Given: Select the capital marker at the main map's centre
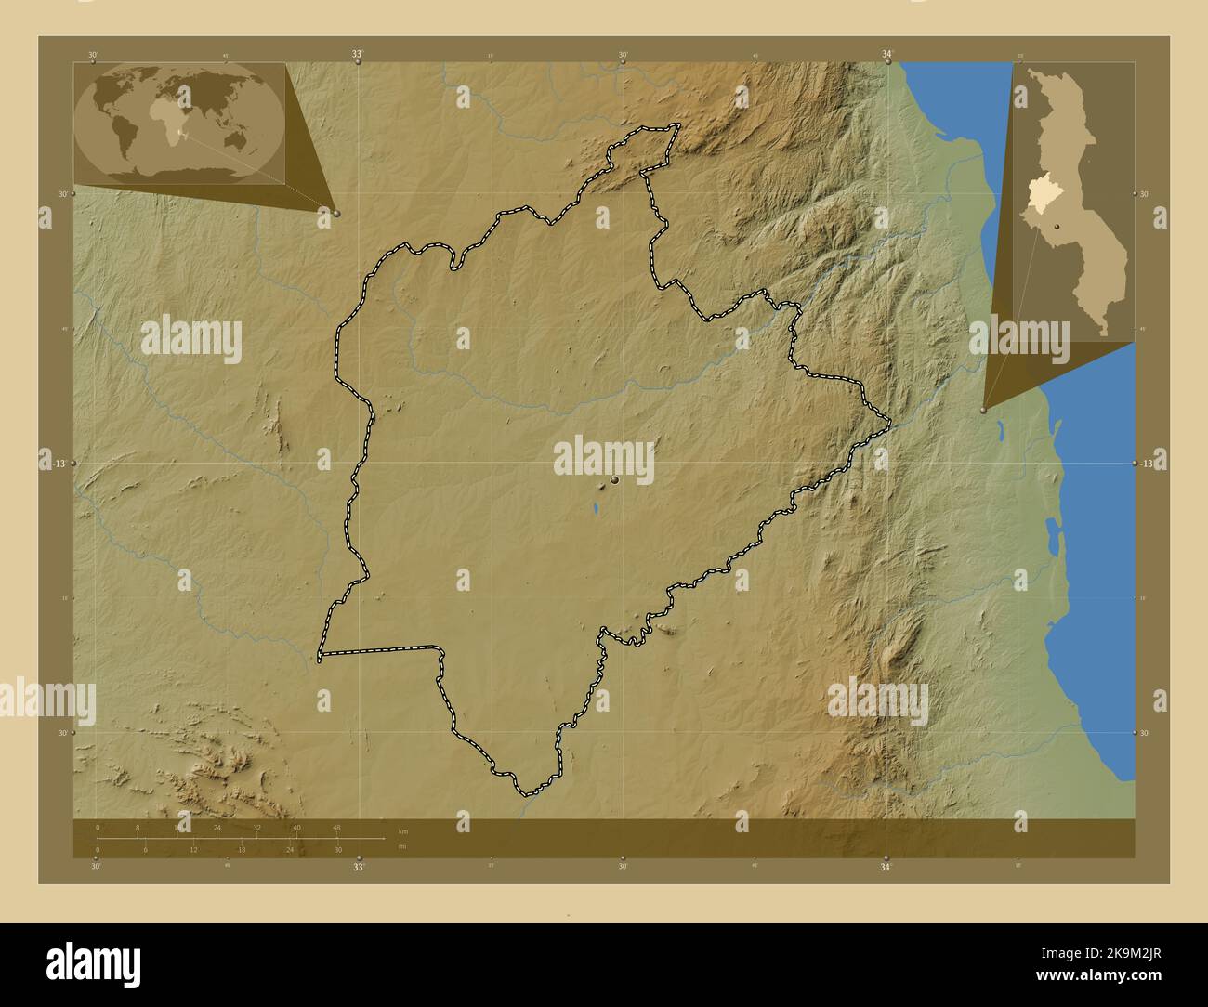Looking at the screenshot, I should click(x=615, y=480).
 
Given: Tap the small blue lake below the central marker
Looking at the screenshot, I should click(x=593, y=508).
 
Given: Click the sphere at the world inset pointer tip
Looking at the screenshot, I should click(x=335, y=213).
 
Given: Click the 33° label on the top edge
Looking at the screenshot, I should click(x=358, y=55).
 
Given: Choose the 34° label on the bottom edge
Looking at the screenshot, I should click(x=886, y=867).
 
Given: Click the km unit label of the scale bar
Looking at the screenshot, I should click(x=402, y=830).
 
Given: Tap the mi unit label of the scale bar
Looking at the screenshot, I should click(x=402, y=846).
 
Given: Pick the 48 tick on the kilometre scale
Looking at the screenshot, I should click(x=336, y=827).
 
